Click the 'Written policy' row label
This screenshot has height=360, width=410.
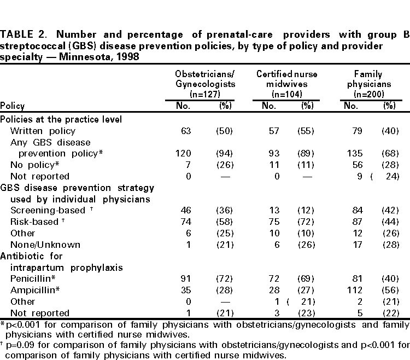[x=43, y=131]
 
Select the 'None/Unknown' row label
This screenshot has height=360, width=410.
[x=45, y=245]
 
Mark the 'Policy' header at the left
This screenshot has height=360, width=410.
[x=13, y=106]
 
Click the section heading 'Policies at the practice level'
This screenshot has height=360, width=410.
[x=61, y=119]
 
